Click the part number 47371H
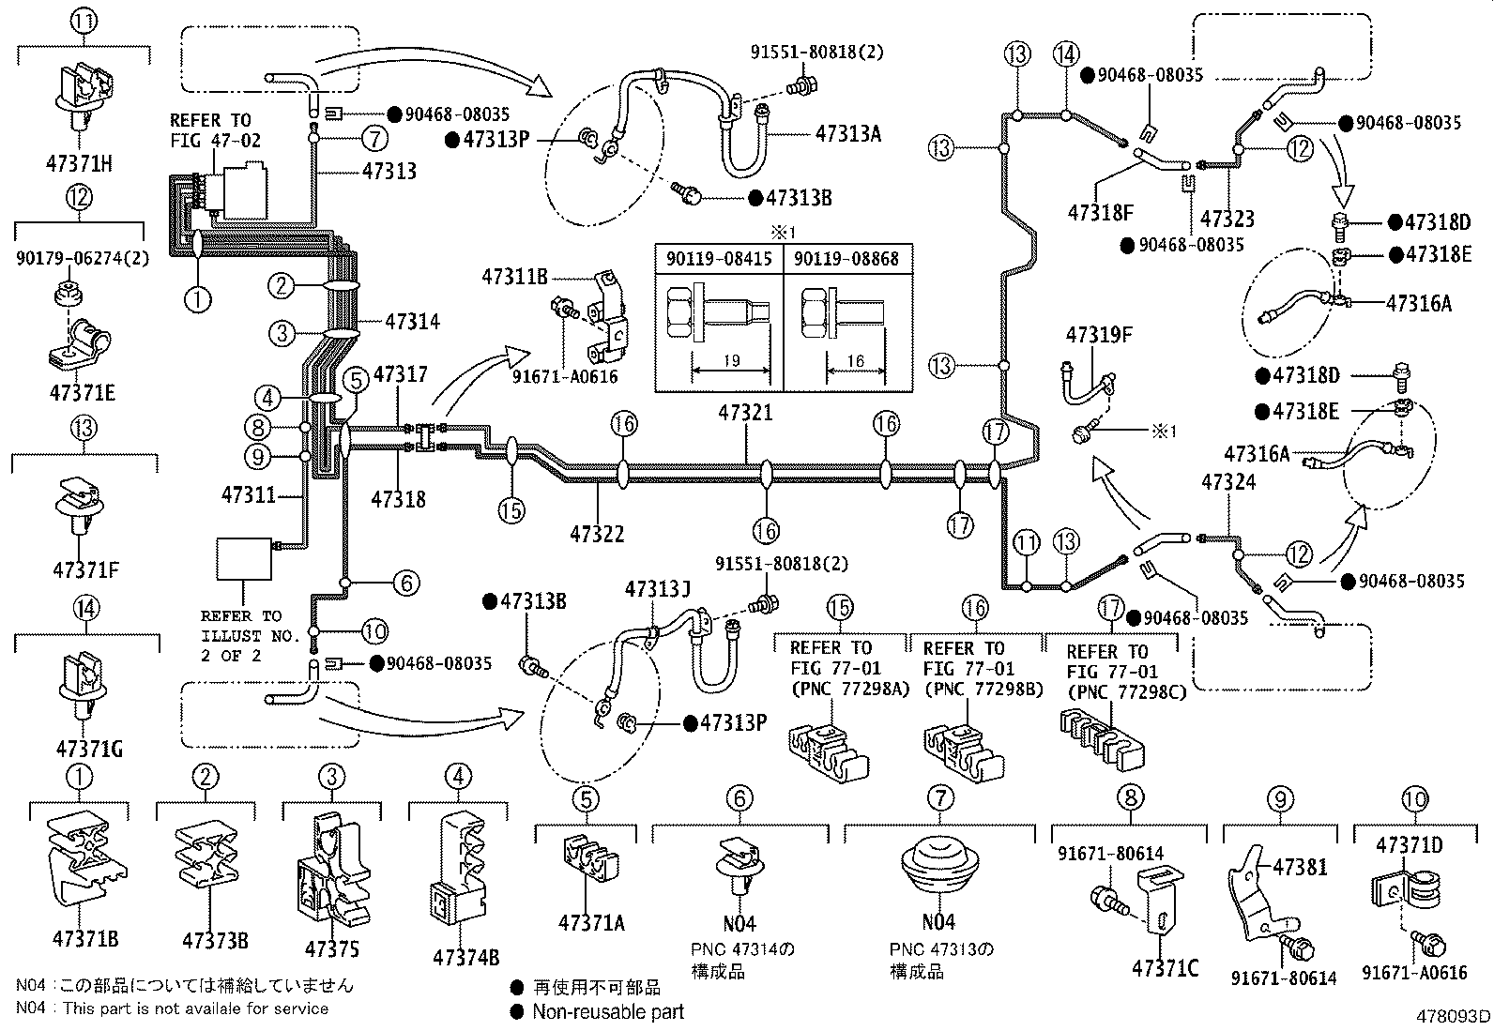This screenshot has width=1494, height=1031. [x=79, y=164]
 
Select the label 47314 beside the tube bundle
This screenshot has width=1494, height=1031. [x=412, y=322]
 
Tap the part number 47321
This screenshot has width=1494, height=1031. [x=746, y=413]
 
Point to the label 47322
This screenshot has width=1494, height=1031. [x=597, y=534]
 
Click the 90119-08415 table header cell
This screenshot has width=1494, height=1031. [x=719, y=259]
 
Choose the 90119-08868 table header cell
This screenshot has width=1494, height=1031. [x=846, y=259]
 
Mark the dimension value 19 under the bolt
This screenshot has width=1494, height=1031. [x=732, y=361]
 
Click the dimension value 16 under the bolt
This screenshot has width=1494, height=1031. [x=856, y=361]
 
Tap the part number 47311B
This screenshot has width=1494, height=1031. [x=514, y=276]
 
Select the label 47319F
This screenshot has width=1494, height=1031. [x=1099, y=335]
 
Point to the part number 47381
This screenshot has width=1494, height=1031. [x=1300, y=867]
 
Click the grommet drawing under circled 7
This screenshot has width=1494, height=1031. [x=938, y=866]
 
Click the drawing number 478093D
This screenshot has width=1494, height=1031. [x=1453, y=1016]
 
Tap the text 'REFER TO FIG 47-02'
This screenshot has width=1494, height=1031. [x=215, y=130]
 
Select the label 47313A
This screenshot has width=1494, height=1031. [x=847, y=134]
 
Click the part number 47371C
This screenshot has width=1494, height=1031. [x=1165, y=967]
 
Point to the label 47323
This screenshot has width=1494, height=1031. [x=1227, y=219]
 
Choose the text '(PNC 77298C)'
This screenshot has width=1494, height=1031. [x=1126, y=692]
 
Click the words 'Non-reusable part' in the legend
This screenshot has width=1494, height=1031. [x=608, y=1011]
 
